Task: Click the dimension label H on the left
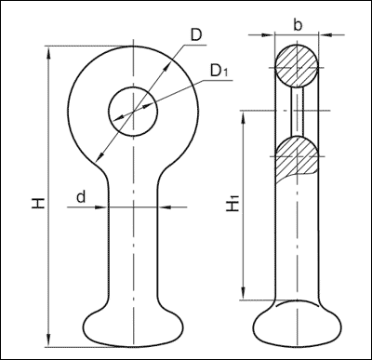pyautogui.click(x=38, y=203)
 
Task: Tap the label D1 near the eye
pyautogui.click(x=219, y=71)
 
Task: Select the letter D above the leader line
pyautogui.click(x=196, y=35)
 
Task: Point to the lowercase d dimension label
pyautogui.click(x=81, y=197)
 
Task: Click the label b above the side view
pyautogui.click(x=298, y=25)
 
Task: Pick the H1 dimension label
pyautogui.click(x=233, y=203)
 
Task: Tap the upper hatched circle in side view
pyautogui.click(x=297, y=66)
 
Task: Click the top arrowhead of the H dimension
pyautogui.click(x=48, y=53)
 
